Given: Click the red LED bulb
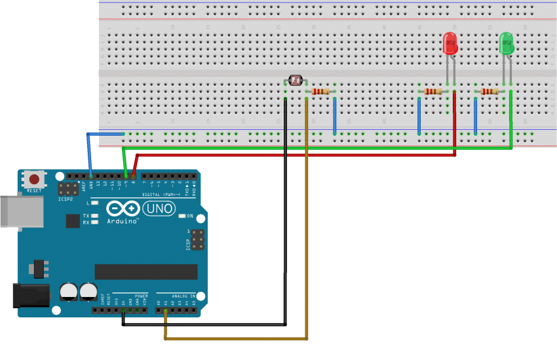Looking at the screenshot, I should coord(450,44).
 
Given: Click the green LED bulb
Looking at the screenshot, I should coord(507,44).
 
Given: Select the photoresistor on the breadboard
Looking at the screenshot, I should coord(296,81).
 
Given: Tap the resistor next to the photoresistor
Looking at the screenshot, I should coord(320,91).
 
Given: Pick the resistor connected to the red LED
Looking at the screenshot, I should coord(433,91).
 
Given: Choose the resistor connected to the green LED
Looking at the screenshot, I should coord(490,91).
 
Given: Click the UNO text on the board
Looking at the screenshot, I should coord(159,209).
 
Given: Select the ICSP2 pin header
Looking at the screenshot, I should coord(66,190).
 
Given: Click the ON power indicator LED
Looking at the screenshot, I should coord(182,216).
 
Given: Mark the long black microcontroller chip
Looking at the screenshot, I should coord(145,271).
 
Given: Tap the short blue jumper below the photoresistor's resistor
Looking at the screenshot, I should coord(335,115).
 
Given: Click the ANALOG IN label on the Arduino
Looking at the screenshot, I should coord(184,296).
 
